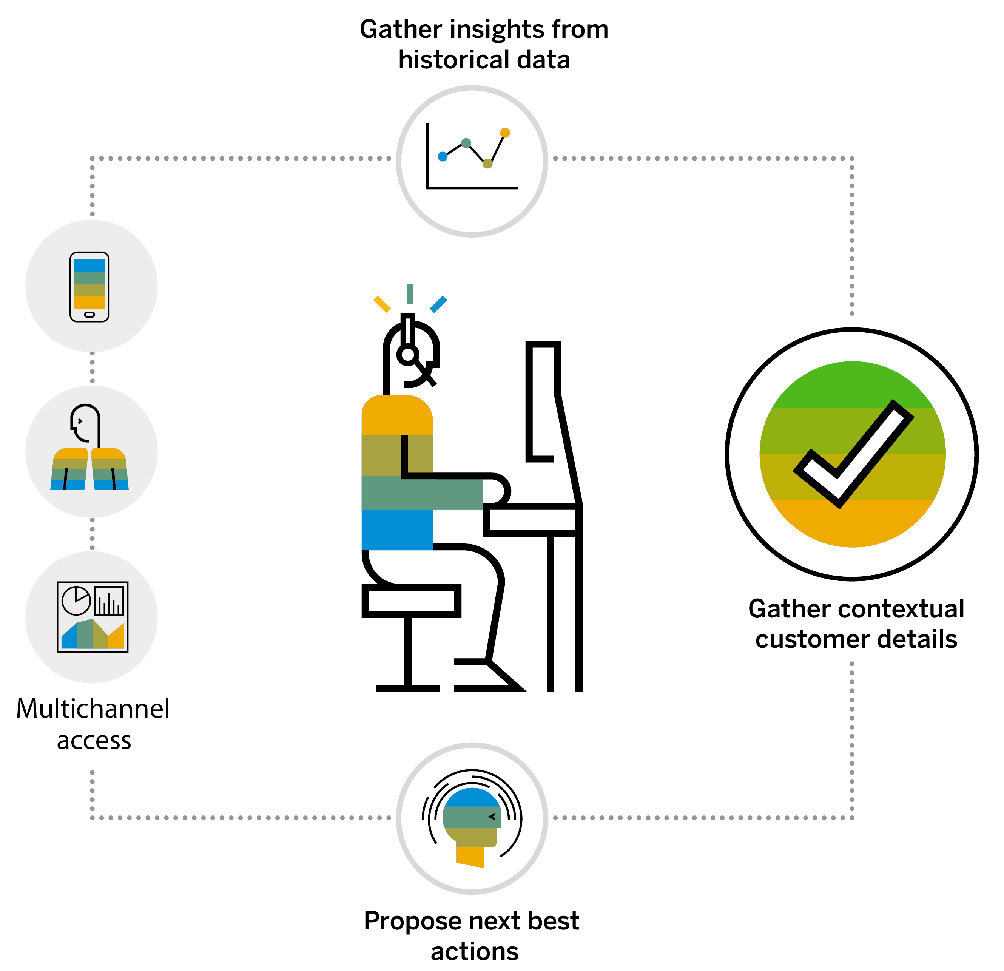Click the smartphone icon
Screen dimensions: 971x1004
(89, 287)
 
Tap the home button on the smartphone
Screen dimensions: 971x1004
(89, 315)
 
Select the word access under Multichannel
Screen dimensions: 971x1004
(94, 741)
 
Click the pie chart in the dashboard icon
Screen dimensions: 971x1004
(76, 600)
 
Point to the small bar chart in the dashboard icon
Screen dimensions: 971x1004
(109, 601)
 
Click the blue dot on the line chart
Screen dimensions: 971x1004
(443, 156)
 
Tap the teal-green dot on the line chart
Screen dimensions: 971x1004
(466, 143)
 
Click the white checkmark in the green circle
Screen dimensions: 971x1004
(853, 454)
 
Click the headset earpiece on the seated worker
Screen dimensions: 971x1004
(408, 354)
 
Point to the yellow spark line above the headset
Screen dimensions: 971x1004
(382, 304)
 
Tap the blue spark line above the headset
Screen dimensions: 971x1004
(438, 304)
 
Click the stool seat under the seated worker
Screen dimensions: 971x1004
(411, 601)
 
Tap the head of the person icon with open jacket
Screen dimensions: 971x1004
(85, 423)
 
